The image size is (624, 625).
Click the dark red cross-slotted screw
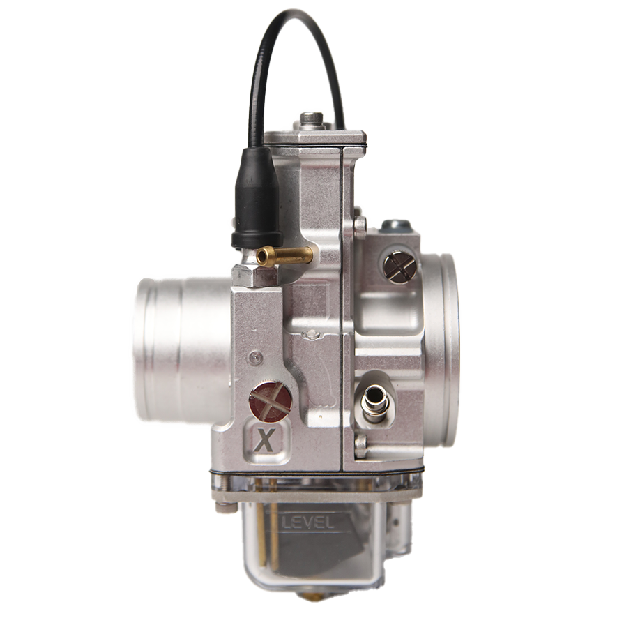tap(271, 402)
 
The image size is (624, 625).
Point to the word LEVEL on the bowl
tap(306, 522)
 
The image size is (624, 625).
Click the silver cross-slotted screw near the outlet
tap(399, 266)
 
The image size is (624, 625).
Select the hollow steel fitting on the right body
tap(376, 402)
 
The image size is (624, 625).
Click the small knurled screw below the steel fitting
tap(360, 445)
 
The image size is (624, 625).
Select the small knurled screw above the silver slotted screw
tap(360, 225)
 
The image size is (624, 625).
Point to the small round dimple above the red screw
tap(256, 357)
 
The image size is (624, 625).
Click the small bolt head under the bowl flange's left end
tap(222, 507)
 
